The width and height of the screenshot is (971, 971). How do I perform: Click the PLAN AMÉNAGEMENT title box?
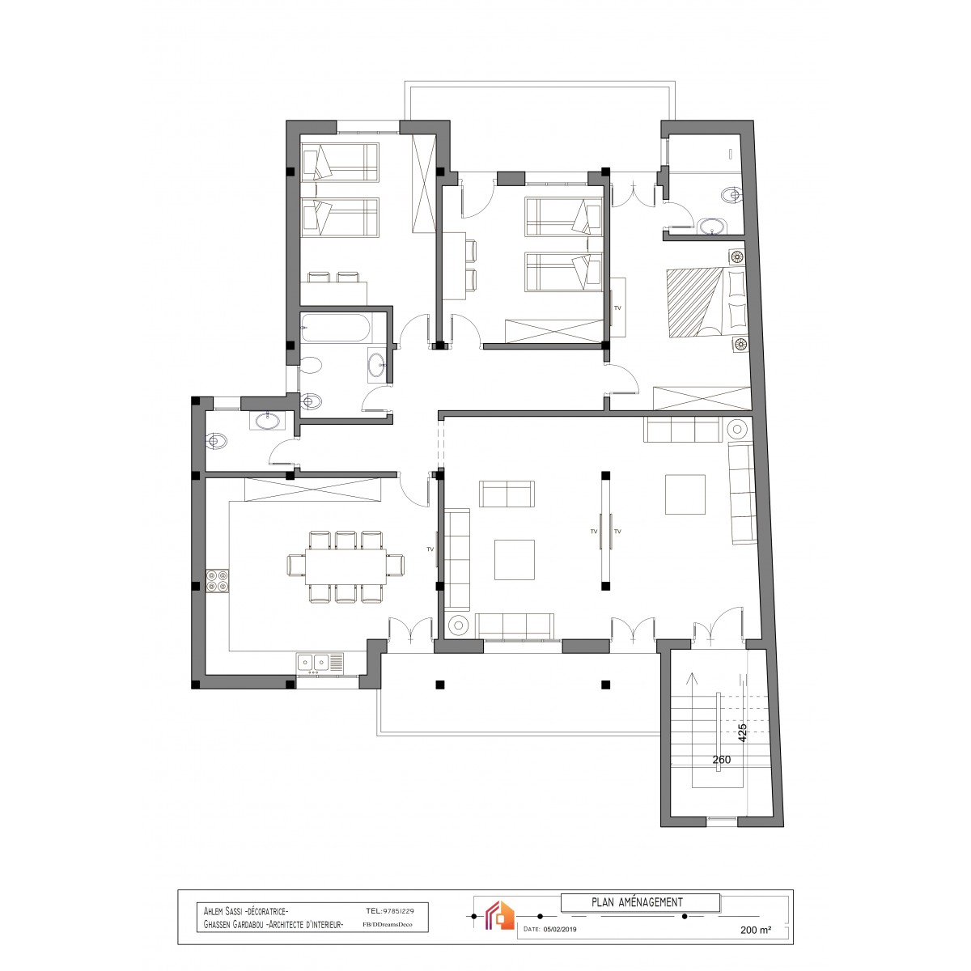point(640,902)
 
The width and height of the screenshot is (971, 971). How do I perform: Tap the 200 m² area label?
point(755,930)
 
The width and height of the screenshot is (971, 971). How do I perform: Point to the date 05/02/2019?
point(560,929)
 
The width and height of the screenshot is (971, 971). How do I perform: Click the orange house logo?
point(499,914)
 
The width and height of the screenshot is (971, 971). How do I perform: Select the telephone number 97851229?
point(398,911)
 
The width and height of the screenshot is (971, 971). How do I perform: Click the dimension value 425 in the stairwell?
point(742,733)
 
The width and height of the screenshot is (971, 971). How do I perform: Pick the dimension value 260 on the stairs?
point(722,759)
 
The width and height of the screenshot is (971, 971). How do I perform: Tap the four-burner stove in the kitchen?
point(217,581)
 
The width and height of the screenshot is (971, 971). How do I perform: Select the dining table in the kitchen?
point(346,566)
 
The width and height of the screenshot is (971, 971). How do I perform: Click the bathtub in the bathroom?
point(336,328)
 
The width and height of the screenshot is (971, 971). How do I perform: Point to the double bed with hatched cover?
point(707,303)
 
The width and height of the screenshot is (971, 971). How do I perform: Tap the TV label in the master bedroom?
point(617,307)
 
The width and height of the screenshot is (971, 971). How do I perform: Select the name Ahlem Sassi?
point(223,911)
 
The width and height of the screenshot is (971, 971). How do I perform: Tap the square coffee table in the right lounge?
point(685,494)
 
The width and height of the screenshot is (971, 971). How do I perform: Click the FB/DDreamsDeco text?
point(387,924)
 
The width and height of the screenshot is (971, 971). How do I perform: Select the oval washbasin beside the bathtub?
point(376,364)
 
